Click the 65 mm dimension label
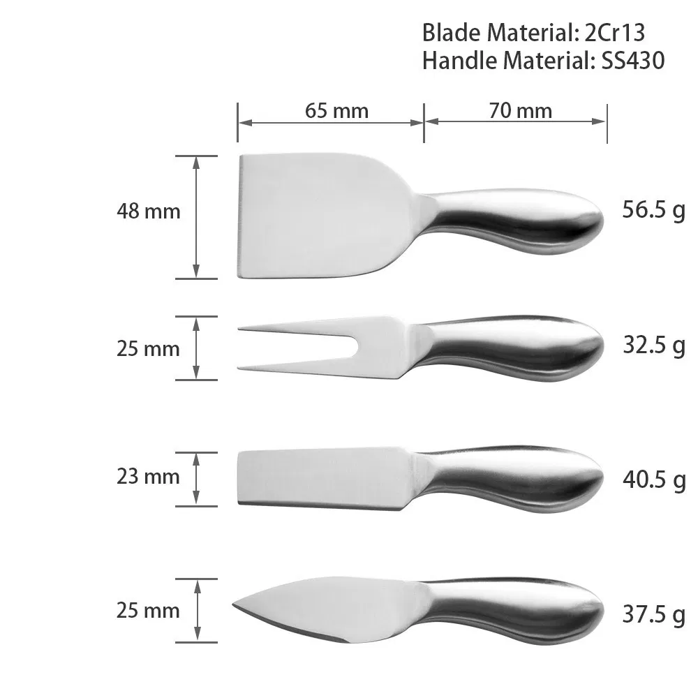click(x=336, y=111)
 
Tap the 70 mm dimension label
click(x=520, y=111)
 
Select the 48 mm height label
click(x=148, y=211)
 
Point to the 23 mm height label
click(x=148, y=476)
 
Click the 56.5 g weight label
click(x=653, y=210)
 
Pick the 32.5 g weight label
click(x=653, y=346)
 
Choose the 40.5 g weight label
click(x=653, y=480)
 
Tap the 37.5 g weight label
click(x=653, y=615)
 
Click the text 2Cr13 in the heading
click(x=614, y=33)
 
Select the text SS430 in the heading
click(x=632, y=60)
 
